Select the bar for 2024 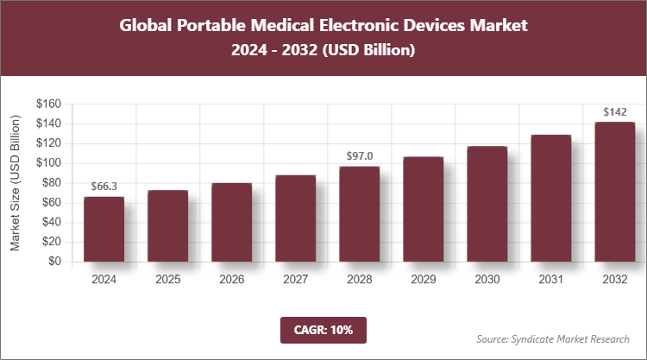tap(104, 229)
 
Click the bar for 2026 tap(231, 222)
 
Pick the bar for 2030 tap(487, 204)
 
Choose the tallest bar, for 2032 tap(614, 192)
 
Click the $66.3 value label tap(104, 186)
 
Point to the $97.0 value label tap(359, 156)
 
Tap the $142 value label tap(614, 111)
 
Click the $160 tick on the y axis tap(48, 104)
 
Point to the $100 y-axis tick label tap(48, 163)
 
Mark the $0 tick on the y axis tap(54, 262)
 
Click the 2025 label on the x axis tap(167, 280)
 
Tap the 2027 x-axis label tap(295, 280)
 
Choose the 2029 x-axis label tap(423, 280)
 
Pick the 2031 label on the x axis tap(550, 280)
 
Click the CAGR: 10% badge tap(323, 329)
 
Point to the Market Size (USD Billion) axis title tap(16, 182)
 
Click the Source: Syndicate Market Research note tap(553, 338)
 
